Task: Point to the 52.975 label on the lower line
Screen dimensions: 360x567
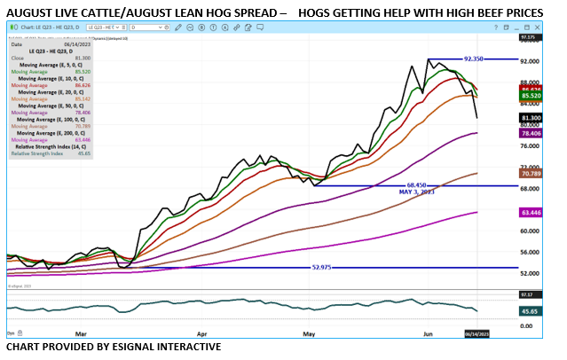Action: point(326,267)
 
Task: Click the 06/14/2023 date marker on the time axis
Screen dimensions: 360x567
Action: point(477,334)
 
